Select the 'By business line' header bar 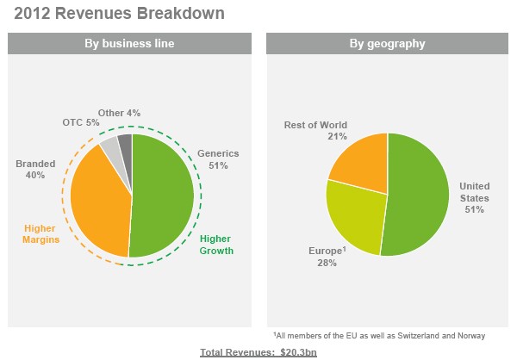click(129, 43)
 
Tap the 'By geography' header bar click(387, 43)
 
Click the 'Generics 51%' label click(218, 158)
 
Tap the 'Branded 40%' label click(35, 168)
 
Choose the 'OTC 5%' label click(81, 122)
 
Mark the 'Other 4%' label click(119, 113)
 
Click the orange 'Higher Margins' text click(40, 233)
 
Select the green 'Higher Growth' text click(216, 245)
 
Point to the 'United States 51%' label click(473, 196)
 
